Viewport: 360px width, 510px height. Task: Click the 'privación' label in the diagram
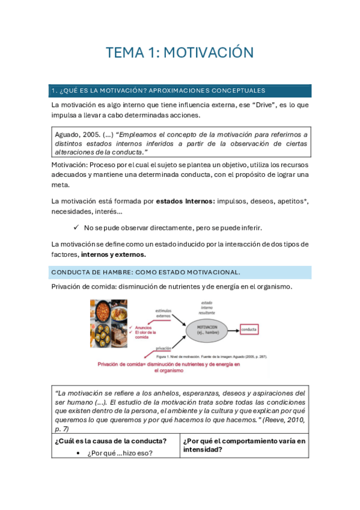coord(164,348)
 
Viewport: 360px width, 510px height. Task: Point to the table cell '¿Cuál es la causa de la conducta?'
coord(111,441)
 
